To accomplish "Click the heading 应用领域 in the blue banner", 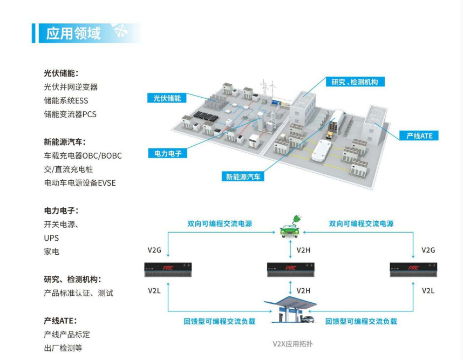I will pyautogui.click(x=74, y=33).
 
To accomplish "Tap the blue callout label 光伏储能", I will pyautogui.click(x=167, y=98).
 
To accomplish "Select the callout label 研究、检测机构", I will pyautogui.click(x=355, y=81).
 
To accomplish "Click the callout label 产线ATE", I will pyautogui.click(x=419, y=136).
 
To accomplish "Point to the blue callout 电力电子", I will pyautogui.click(x=167, y=153).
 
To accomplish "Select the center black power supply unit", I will pyautogui.click(x=290, y=269).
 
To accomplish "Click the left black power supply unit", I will pyautogui.click(x=168, y=269).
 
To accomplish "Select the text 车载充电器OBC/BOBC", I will pyautogui.click(x=83, y=155).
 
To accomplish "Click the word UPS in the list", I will pyautogui.click(x=51, y=238).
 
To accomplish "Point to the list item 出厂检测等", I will pyautogui.click(x=63, y=348).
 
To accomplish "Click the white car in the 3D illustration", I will pyautogui.click(x=323, y=149).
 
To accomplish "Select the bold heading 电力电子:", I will pyautogui.click(x=64, y=210).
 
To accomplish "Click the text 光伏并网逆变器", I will pyautogui.click(x=71, y=86).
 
